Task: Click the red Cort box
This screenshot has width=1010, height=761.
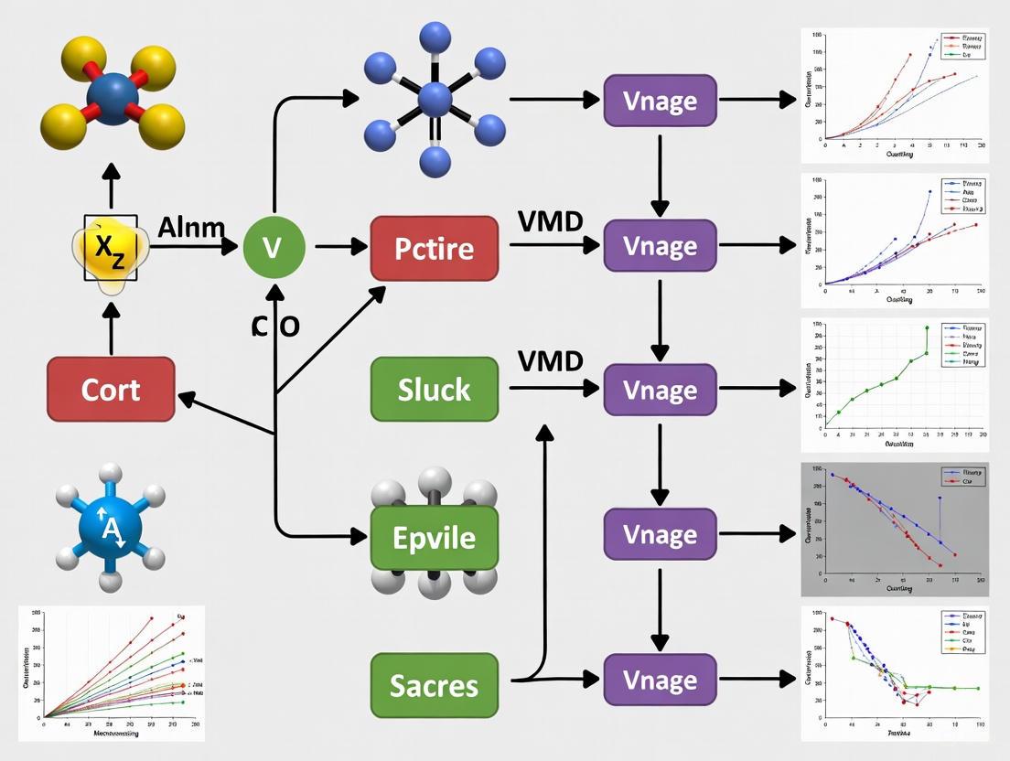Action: [111, 389]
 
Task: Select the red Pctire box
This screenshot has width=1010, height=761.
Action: [435, 248]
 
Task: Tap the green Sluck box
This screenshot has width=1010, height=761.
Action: [435, 390]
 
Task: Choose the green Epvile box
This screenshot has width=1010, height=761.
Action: [435, 537]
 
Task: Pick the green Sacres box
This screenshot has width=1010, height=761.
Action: [435, 684]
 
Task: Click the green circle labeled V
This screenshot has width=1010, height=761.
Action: [274, 247]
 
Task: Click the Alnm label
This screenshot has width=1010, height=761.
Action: [191, 227]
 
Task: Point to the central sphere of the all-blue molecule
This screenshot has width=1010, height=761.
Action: [435, 99]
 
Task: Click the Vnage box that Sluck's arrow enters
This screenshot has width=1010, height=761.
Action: [660, 390]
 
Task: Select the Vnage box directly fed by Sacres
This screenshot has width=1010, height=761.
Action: [660, 681]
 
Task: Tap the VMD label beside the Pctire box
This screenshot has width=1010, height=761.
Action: [550, 221]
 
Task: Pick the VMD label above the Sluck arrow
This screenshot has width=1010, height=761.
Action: [550, 360]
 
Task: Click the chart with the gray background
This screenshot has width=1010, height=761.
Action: [894, 530]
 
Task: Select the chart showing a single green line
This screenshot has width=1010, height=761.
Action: [894, 385]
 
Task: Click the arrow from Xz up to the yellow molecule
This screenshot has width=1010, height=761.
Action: [112, 188]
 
